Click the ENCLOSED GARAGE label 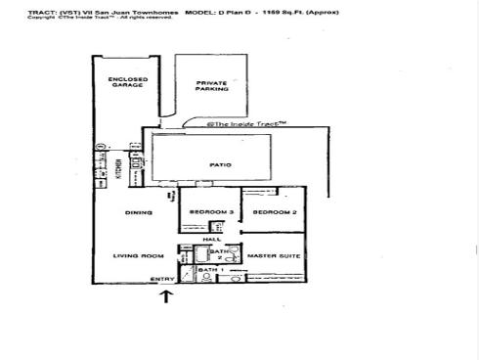coord(127,81)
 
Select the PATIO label coord(220,165)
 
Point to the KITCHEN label coord(118,169)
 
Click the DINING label coord(137,212)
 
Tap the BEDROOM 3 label coord(208,212)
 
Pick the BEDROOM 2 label coord(274,212)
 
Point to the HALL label coord(210,238)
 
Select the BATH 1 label coord(211,269)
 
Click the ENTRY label coord(162,280)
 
